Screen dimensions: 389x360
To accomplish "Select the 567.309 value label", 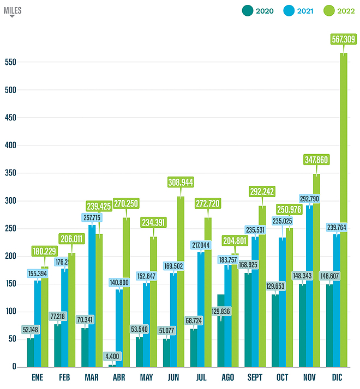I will coord(344,39).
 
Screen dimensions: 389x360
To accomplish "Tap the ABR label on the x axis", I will coord(119,377).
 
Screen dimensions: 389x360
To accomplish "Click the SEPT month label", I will coord(255,377).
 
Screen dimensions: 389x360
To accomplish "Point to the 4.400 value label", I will coord(113,357).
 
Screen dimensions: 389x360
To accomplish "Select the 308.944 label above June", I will coord(181,182).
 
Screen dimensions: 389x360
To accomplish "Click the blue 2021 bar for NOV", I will coord(310,283).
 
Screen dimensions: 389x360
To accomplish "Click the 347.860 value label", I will coord(316,160).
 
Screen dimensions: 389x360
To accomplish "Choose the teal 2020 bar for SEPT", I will coord(248,321).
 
